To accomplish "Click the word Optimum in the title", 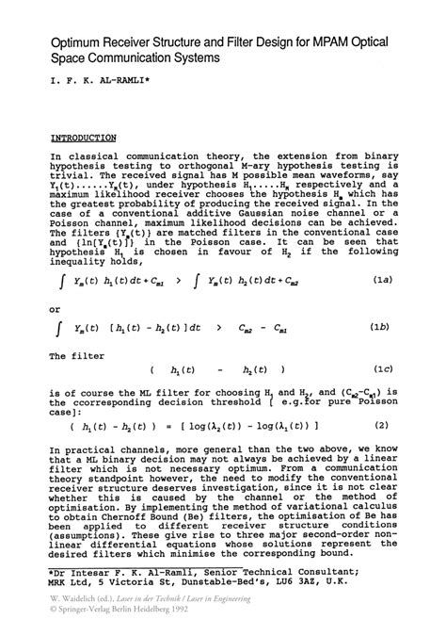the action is click(x=83, y=43).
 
